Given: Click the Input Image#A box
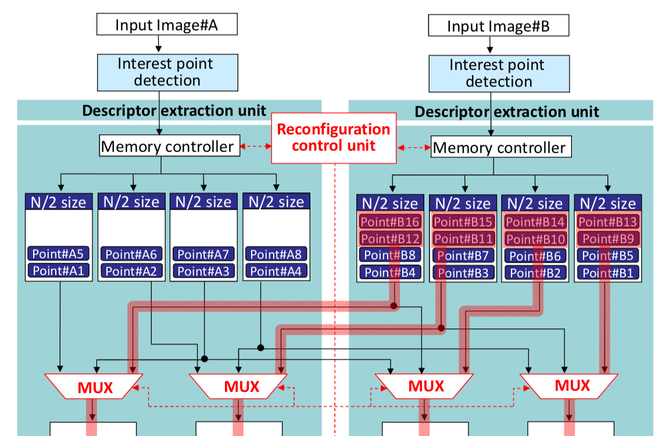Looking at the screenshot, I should pyautogui.click(x=167, y=25).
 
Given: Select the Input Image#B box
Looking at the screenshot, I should pyautogui.click(x=498, y=26).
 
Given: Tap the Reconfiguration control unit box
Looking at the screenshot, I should pyautogui.click(x=333, y=137).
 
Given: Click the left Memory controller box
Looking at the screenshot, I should pyautogui.click(x=168, y=146).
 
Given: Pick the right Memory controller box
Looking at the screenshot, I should pyautogui.click(x=500, y=147).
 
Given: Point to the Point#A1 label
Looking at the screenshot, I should pyautogui.click(x=58, y=270).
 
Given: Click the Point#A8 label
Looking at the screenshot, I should pyautogui.click(x=276, y=254).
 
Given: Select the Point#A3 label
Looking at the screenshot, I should pyautogui.click(x=203, y=271).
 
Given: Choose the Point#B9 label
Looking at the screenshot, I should pyautogui.click(x=607, y=238).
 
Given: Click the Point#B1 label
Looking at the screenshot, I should pyautogui.click(x=607, y=273).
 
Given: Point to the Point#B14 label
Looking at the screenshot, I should pyautogui.click(x=535, y=221).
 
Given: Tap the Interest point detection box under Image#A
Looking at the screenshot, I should pyautogui.click(x=166, y=72).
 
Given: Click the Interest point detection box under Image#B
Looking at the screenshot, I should pyautogui.click(x=499, y=73).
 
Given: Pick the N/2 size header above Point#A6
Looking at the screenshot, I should pyautogui.click(x=131, y=202).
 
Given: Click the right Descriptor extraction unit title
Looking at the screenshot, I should pyautogui.click(x=506, y=111).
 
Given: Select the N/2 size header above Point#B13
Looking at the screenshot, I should pyautogui.click(x=607, y=203).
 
